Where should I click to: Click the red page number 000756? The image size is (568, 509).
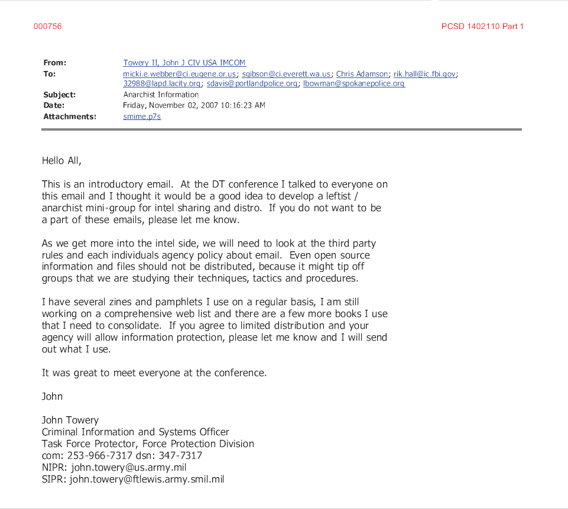pyautogui.click(x=47, y=27)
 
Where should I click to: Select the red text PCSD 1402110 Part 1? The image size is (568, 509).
pyautogui.click(x=482, y=27)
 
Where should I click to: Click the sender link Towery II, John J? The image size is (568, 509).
pyautogui.click(x=184, y=63)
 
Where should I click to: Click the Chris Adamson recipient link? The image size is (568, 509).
pyautogui.click(x=362, y=74)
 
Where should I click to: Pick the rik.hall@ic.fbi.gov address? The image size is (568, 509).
pyautogui.click(x=425, y=74)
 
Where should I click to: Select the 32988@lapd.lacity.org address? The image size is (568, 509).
pyautogui.click(x=162, y=84)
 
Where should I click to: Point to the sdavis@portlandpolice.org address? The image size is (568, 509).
pyautogui.click(x=252, y=84)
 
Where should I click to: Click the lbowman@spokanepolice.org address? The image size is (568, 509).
pyautogui.click(x=353, y=84)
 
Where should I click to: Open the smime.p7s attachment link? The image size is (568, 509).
pyautogui.click(x=142, y=116)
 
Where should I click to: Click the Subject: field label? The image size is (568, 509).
pyautogui.click(x=60, y=95)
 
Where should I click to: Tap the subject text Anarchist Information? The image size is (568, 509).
pyautogui.click(x=161, y=95)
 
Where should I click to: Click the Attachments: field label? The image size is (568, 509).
pyautogui.click(x=70, y=116)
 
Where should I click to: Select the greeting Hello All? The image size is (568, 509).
pyautogui.click(x=61, y=160)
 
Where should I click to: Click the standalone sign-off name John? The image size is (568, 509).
pyautogui.click(x=52, y=396)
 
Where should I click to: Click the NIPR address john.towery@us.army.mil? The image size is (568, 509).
pyautogui.click(x=128, y=468)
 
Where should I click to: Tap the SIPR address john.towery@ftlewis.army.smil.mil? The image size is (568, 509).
pyautogui.click(x=147, y=479)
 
